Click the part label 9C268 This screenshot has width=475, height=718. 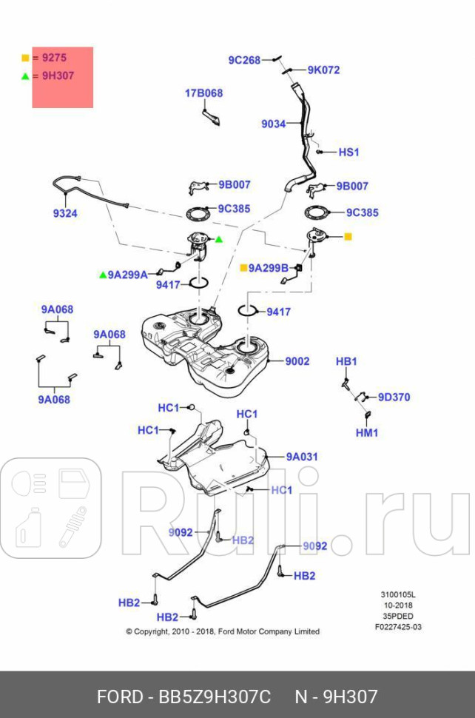(243, 60)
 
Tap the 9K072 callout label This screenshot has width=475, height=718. (323, 70)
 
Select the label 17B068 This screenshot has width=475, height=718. (203, 93)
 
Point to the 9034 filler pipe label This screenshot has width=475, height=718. (273, 124)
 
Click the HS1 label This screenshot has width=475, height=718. (348, 152)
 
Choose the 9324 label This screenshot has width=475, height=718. (64, 213)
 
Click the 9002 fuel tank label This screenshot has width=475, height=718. (297, 362)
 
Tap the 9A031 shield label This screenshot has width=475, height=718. (302, 457)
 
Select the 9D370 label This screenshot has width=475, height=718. (394, 397)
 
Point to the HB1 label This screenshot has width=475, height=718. (346, 361)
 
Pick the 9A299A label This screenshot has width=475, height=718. (127, 275)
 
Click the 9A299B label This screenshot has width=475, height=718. (268, 268)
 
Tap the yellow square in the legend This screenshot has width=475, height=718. (25, 58)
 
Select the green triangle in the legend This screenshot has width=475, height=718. (25, 76)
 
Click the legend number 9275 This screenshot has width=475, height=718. (53, 58)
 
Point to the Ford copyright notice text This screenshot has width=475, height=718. (222, 631)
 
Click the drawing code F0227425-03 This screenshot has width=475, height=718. (398, 627)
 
